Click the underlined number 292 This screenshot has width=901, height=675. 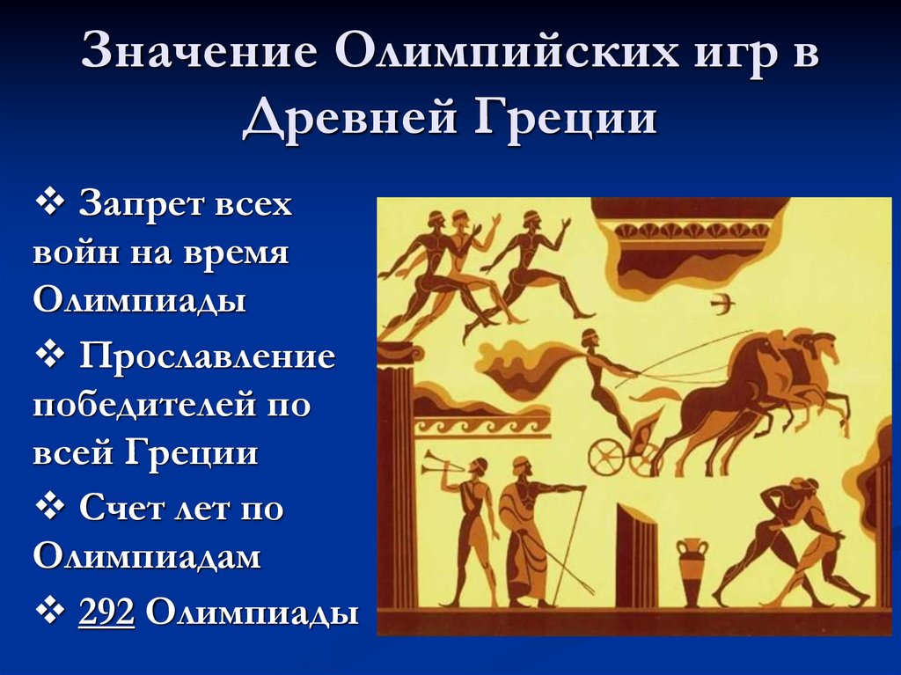point(106,613)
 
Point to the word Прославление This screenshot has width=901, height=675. point(207,356)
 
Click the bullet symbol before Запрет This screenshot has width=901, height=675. point(51,204)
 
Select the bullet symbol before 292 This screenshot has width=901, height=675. point(51,612)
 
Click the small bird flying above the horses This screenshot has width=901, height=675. point(722,304)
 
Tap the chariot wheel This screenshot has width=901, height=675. point(607,457)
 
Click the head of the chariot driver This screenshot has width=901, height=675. point(589,338)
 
